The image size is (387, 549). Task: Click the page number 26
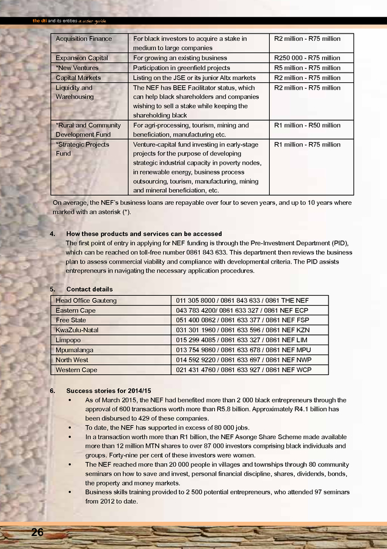click(x=37, y=533)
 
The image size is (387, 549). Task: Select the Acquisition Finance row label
click(x=84, y=39)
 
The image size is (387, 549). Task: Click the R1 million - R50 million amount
click(x=307, y=126)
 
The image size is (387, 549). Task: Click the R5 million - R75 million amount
click(x=307, y=68)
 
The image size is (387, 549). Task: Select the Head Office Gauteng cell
click(x=86, y=301)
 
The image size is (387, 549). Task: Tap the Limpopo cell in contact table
click(x=68, y=340)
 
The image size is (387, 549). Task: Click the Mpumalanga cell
click(x=74, y=350)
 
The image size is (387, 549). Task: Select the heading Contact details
click(x=89, y=289)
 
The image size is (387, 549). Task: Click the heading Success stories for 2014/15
click(x=108, y=390)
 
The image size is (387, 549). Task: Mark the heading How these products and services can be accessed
click(x=143, y=234)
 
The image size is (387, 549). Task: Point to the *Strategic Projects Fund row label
click(x=82, y=149)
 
